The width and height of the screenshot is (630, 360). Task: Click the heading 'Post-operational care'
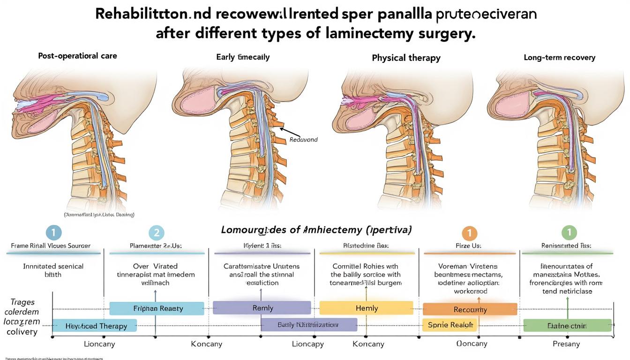point(77,56)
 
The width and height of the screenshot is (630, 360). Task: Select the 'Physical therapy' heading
point(406,58)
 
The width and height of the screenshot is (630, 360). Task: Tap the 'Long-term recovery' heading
point(559,58)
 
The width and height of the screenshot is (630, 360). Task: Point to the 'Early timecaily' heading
point(243,57)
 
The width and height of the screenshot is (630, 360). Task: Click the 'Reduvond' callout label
point(303,140)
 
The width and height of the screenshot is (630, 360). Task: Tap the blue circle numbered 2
point(156,233)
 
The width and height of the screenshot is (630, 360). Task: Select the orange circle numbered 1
point(469,233)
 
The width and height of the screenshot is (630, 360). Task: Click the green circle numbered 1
point(569,232)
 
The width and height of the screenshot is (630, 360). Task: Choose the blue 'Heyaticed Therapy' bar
point(95,326)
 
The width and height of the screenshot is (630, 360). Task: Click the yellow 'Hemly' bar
point(366,308)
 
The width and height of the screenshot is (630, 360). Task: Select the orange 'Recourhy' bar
point(470,309)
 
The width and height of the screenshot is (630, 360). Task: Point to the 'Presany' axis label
point(566,344)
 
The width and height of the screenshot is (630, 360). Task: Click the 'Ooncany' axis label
point(472,344)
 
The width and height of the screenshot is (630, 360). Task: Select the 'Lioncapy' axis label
point(307,344)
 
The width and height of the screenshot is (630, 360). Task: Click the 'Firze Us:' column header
point(468,245)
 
